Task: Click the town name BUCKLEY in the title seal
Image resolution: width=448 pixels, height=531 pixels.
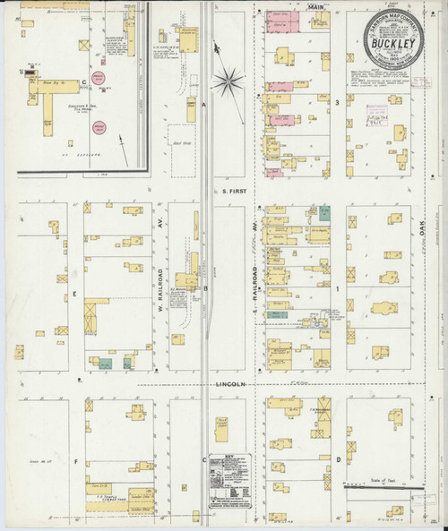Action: click(392, 40)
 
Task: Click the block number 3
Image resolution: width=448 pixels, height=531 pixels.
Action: click(337, 104)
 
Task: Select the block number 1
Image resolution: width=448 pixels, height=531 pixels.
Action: click(337, 289)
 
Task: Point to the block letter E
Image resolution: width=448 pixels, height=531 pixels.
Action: click(76, 293)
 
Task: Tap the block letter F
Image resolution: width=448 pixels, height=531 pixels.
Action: click(76, 462)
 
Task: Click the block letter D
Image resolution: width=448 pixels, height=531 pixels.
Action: click(337, 460)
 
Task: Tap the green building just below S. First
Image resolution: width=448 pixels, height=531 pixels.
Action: click(324, 212)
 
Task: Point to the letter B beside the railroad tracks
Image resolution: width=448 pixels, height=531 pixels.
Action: click(205, 288)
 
